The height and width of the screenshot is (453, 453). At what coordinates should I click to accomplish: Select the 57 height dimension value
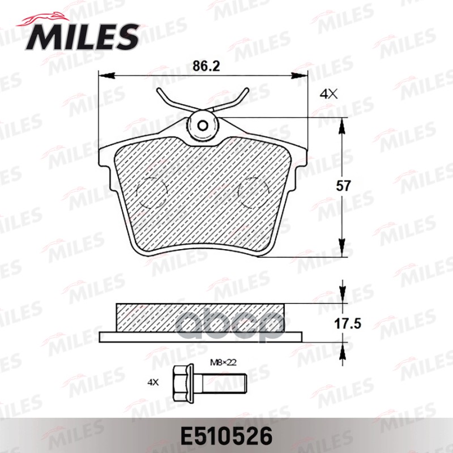click(x=344, y=185)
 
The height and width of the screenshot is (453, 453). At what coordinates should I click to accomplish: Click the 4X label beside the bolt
click(x=153, y=382)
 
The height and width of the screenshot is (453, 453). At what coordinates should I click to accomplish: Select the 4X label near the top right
click(x=328, y=95)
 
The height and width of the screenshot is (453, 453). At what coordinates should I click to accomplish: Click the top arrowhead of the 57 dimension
click(x=342, y=127)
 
